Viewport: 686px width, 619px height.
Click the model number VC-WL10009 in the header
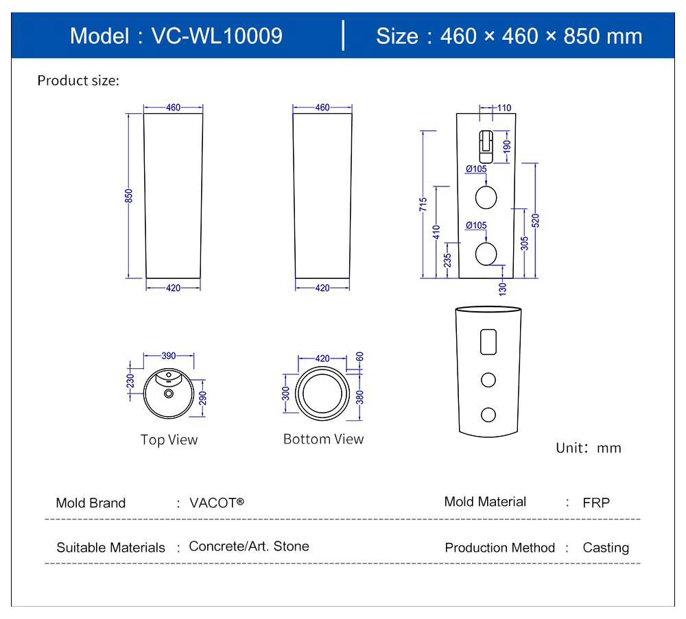pyautogui.click(x=216, y=36)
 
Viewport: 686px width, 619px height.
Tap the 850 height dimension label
pyautogui.click(x=128, y=196)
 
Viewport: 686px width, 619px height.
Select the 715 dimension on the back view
pyautogui.click(x=423, y=204)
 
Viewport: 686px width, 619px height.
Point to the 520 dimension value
pyautogui.click(x=536, y=221)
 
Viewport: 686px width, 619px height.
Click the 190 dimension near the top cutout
pyautogui.click(x=507, y=146)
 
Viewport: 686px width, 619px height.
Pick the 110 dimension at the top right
pyautogui.click(x=504, y=108)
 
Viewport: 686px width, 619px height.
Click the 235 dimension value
pyautogui.click(x=447, y=260)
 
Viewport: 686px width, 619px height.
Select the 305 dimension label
pyautogui.click(x=525, y=243)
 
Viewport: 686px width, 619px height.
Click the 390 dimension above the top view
pyautogui.click(x=169, y=356)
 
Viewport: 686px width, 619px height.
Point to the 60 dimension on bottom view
pyautogui.click(x=359, y=356)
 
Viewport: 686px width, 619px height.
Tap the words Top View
pyautogui.click(x=169, y=440)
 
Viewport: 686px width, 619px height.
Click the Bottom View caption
pyautogui.click(x=323, y=439)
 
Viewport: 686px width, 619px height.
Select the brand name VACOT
pyautogui.click(x=216, y=502)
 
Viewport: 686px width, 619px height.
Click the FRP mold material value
pyautogui.click(x=596, y=502)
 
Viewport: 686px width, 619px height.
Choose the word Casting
pyautogui.click(x=606, y=548)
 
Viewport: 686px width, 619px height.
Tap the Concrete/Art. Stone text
pyautogui.click(x=249, y=546)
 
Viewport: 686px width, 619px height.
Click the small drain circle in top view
pyautogui.click(x=169, y=393)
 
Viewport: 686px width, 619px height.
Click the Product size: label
pyautogui.click(x=78, y=81)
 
